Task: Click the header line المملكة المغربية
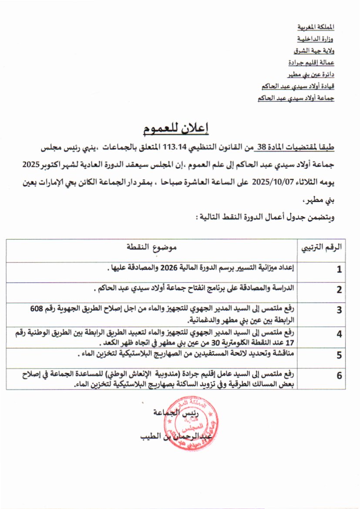click(x=316, y=27)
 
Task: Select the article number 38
click(x=262, y=148)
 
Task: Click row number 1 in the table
click(x=339, y=269)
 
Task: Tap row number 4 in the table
click(x=339, y=334)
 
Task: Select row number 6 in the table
click(x=339, y=376)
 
